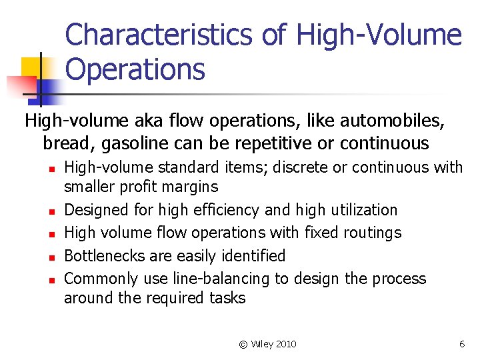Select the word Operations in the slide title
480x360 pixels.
(x=135, y=69)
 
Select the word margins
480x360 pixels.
(x=188, y=186)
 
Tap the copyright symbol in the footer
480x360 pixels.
(x=243, y=344)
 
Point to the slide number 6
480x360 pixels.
(x=461, y=344)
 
